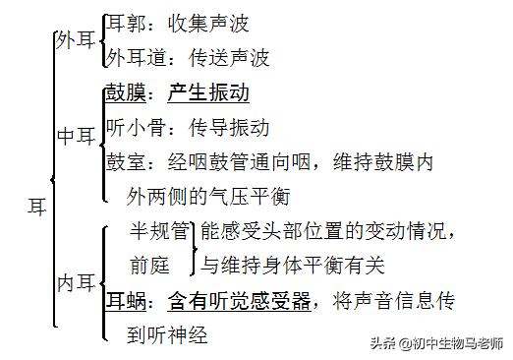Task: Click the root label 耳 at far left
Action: click(x=36, y=207)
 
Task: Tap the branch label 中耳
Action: click(x=77, y=138)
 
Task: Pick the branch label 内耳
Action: click(x=77, y=283)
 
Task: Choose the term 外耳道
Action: click(x=135, y=58)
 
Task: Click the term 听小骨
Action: click(x=135, y=128)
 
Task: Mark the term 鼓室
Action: click(x=125, y=162)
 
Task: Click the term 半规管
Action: click(x=160, y=232)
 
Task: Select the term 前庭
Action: click(x=149, y=266)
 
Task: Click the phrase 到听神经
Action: click(x=167, y=334)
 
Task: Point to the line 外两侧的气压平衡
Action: click(x=208, y=197)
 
